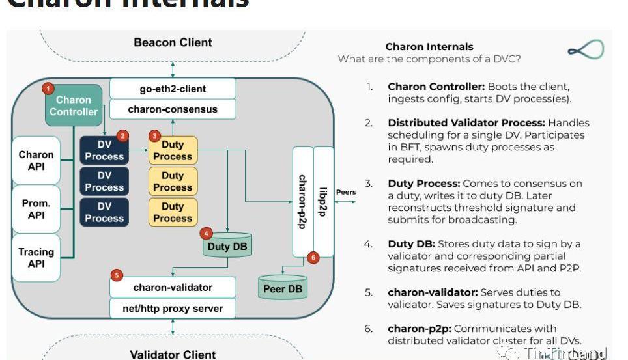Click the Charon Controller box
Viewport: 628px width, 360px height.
point(74,105)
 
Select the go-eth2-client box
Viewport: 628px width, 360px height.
point(173,89)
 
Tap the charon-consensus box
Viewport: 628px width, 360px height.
point(173,109)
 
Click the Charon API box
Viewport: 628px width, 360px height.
point(36,161)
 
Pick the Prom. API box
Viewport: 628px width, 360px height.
point(36,209)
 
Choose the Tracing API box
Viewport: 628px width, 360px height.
point(36,258)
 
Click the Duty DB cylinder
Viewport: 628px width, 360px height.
point(227,246)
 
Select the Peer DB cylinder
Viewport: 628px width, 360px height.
point(283,288)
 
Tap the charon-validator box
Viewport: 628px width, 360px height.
point(173,287)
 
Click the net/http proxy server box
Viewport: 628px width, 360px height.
point(173,309)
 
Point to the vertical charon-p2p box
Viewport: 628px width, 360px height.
point(302,202)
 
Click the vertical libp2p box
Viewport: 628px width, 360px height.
point(324,202)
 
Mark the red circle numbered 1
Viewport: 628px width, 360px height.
point(47,88)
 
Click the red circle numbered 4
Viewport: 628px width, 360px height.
point(207,233)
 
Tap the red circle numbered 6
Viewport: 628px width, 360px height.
point(313,258)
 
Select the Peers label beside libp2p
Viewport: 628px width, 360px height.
point(346,193)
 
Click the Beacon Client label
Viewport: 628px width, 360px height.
point(173,43)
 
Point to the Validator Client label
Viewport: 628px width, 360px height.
point(173,355)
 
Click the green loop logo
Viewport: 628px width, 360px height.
point(586,49)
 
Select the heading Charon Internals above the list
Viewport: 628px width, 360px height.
point(429,47)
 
